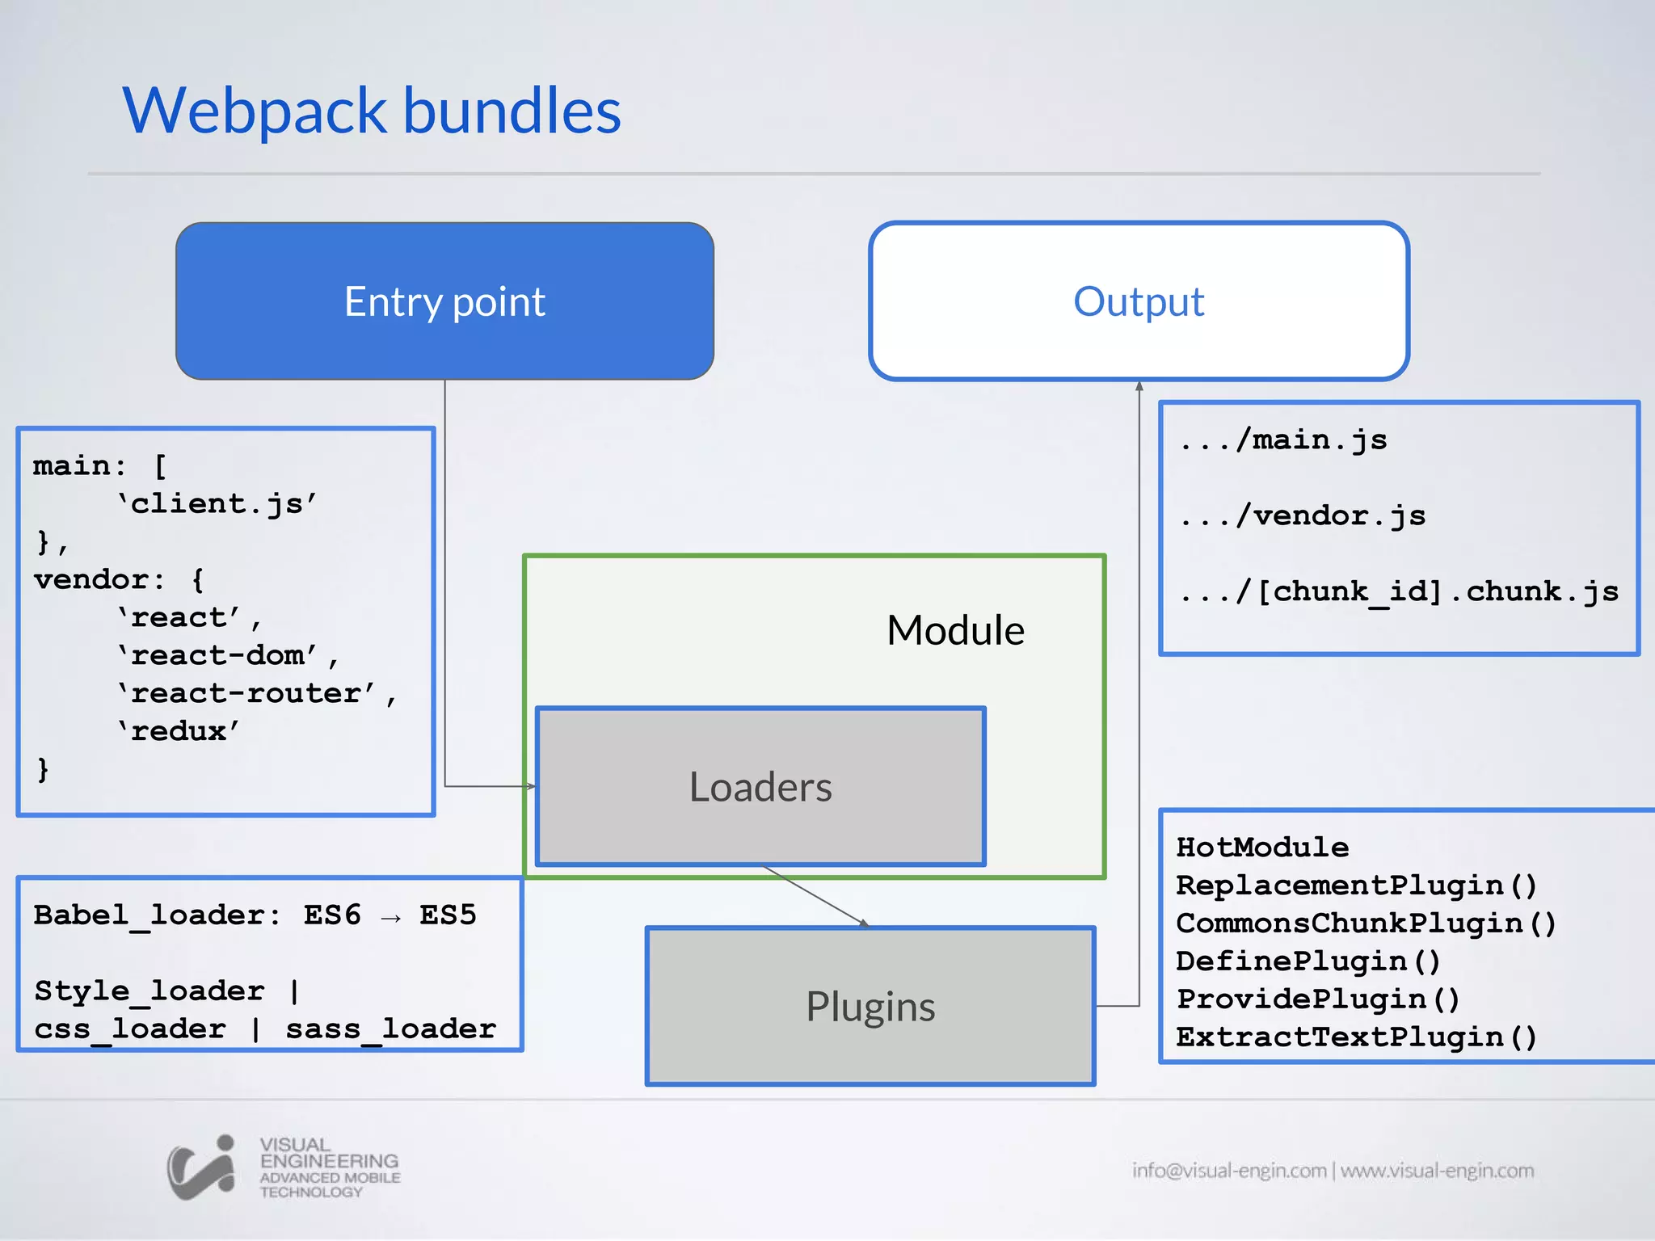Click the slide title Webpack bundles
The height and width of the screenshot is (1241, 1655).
[x=372, y=111]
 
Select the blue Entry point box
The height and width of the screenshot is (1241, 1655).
[x=444, y=301]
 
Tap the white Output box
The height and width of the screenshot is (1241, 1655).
[x=1139, y=301]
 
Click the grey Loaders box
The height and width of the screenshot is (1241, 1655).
[x=760, y=787]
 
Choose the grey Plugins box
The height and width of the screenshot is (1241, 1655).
[x=870, y=1007]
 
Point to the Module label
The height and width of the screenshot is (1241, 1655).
[x=955, y=630]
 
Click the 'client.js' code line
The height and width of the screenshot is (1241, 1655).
[x=217, y=504]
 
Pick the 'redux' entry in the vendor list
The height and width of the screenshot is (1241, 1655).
[x=179, y=731]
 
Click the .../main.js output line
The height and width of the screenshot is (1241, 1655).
[x=1284, y=440]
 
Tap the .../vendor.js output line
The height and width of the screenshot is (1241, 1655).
[x=1303, y=515]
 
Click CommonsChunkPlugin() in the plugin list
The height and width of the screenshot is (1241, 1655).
[x=1366, y=923]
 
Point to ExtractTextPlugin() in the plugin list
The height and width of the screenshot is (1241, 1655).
[x=1356, y=1037]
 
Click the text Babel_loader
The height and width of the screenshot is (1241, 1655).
[x=150, y=915]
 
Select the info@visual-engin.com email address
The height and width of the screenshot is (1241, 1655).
[x=1228, y=1171]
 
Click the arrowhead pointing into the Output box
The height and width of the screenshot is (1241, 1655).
[x=1139, y=386]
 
